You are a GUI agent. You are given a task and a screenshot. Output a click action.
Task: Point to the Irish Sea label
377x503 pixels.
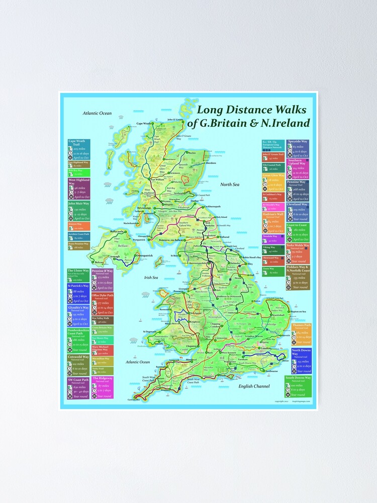151,277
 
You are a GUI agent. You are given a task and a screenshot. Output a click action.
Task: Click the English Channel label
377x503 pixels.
255,386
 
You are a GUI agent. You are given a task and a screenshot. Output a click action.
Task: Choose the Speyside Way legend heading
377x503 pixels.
297,142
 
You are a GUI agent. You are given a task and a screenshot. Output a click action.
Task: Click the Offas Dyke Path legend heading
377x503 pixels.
102,295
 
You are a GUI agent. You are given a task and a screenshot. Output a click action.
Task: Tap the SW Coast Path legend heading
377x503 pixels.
78,379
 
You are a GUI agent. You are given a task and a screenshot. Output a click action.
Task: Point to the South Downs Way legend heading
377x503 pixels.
298,377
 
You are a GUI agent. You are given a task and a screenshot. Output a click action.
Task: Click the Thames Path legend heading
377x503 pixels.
301,325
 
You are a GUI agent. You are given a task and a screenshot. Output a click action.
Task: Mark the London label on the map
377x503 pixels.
266,348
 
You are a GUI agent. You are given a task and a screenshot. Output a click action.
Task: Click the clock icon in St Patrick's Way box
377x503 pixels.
71,297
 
